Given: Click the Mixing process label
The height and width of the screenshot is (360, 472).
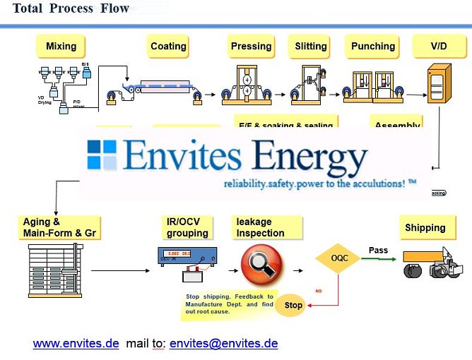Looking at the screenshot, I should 61,47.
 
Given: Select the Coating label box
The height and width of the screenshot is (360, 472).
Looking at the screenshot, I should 168,47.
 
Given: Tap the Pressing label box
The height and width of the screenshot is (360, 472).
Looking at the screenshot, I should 251,47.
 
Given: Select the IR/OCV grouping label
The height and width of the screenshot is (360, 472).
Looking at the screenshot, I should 187,227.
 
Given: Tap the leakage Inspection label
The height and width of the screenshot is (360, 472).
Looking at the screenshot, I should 266,227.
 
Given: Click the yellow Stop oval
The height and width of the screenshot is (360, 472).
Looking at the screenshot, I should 293,306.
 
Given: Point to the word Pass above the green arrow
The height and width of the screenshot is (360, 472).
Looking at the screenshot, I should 379,251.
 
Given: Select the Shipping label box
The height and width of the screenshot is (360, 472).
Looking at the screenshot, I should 425,228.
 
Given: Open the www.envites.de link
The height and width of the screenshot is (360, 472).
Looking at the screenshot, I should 76,344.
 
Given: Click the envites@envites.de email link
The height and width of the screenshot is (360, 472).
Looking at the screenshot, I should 223,344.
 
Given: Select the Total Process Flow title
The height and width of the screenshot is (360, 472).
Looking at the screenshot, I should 71,9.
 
